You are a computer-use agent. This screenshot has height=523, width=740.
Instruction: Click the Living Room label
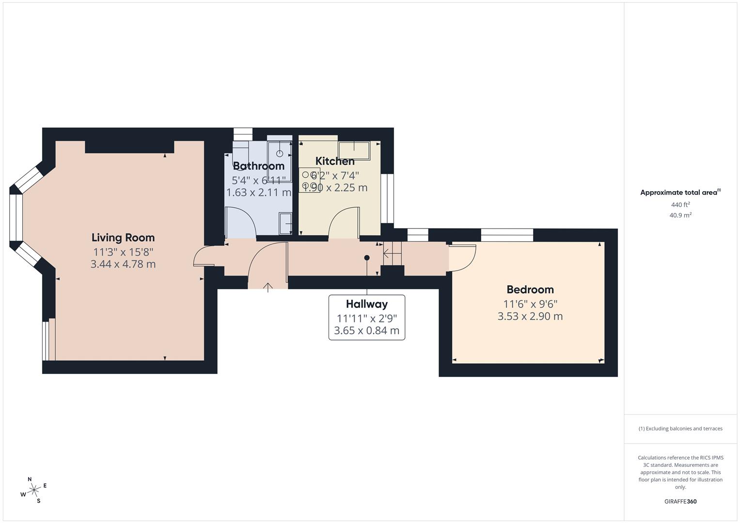123,238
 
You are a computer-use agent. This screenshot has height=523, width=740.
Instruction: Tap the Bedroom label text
530,290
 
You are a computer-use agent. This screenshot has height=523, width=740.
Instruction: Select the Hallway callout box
366,317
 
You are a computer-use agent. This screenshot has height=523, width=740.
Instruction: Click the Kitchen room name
335,161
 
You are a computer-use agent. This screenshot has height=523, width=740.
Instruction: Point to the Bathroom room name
258,166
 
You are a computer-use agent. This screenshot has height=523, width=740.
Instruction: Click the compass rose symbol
33,490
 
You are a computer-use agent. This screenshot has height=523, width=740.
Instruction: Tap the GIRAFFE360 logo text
680,502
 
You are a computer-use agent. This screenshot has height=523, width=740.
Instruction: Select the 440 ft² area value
680,205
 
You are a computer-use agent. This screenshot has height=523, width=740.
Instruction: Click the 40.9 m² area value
680,215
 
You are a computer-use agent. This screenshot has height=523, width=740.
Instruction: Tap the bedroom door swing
462,258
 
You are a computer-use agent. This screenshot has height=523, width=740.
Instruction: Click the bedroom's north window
506,235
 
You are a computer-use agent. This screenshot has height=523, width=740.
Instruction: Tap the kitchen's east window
387,199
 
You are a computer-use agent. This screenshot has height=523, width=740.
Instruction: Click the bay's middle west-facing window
16,217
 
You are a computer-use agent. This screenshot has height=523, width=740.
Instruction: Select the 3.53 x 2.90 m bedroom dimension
530,316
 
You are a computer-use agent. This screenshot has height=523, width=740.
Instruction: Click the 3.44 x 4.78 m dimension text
123,264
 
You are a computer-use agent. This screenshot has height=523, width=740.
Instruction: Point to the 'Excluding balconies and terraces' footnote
680,429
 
